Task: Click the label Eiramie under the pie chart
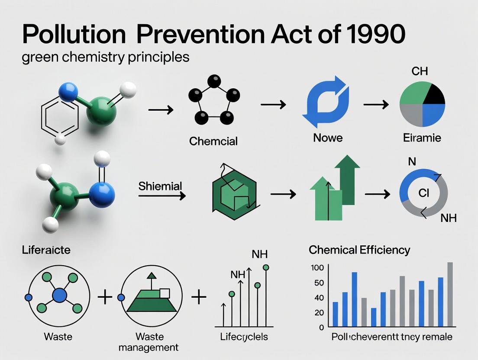click(421, 138)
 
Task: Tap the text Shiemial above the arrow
click(160, 186)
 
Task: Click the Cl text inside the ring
click(423, 193)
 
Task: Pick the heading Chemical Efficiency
click(359, 250)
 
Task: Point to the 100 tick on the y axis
click(317, 268)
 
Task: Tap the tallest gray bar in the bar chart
click(450, 294)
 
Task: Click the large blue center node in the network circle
click(59, 296)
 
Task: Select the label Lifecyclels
click(244, 337)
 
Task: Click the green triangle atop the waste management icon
click(151, 275)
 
